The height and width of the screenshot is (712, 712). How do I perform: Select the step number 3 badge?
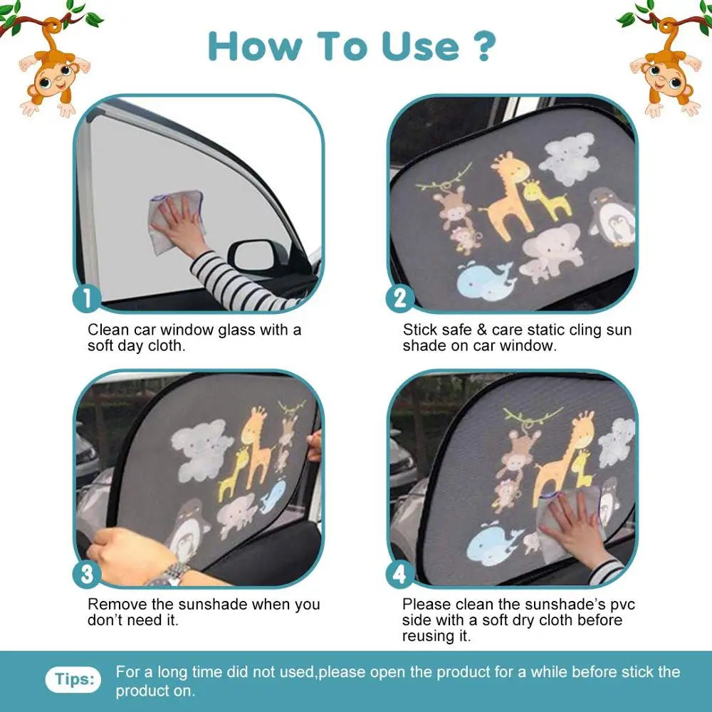click(87, 573)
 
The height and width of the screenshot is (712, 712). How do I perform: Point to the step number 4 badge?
click(400, 573)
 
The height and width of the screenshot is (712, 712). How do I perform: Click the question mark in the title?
click(483, 46)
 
